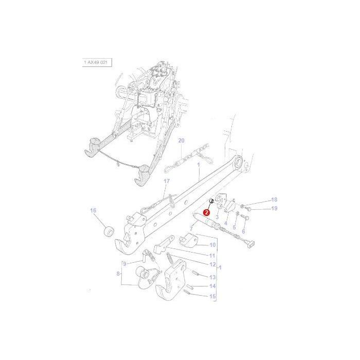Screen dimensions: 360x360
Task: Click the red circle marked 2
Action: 207,211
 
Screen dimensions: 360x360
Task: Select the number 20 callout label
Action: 181,140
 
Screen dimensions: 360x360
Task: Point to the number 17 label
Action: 166,182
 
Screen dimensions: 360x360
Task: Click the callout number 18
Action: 274,200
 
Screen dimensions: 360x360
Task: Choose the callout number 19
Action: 274,208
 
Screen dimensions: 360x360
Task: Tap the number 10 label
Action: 212,245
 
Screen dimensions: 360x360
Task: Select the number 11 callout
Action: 212,255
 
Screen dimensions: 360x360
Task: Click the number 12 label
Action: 212,264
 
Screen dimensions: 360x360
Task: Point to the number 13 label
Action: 212,277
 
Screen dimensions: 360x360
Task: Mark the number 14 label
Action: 212,286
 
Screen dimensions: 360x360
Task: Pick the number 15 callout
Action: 212,296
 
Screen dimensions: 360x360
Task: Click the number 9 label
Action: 124,264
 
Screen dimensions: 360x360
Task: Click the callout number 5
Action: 235,227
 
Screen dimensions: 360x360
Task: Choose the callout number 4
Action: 225,223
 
